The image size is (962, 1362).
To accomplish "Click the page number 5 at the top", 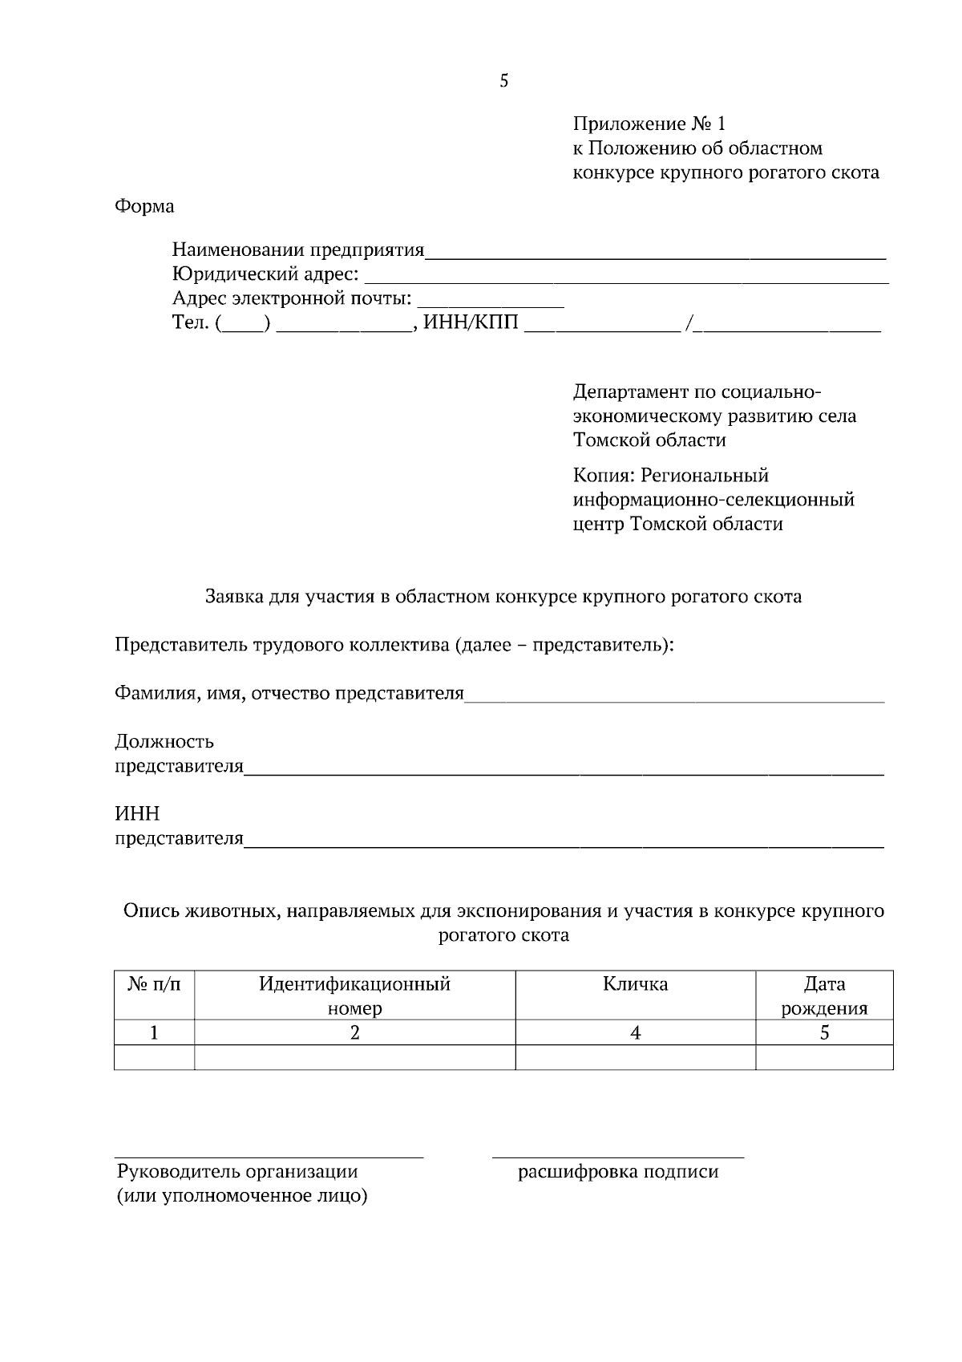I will (503, 81).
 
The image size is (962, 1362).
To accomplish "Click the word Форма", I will (144, 206).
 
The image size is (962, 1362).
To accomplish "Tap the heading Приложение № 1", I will (649, 124).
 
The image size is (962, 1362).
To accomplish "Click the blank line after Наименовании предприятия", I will (655, 256).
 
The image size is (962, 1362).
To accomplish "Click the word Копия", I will (603, 476).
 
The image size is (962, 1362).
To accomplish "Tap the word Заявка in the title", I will (233, 597).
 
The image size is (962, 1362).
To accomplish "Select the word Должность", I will (164, 741).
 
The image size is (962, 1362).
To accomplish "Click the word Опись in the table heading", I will (150, 911).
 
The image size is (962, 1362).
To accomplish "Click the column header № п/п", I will (154, 984).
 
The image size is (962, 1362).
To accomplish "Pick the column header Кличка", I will (635, 984).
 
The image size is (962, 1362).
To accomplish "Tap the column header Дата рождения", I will (824, 995).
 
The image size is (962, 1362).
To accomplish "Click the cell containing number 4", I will (635, 1033).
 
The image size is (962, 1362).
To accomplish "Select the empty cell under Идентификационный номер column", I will (354, 1057).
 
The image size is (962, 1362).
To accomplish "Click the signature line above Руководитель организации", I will (269, 1156).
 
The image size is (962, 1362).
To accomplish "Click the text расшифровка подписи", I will (618, 1172).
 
